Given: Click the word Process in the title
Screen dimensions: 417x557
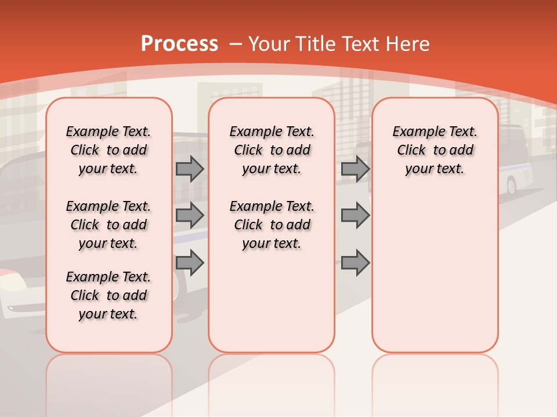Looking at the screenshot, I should tap(179, 44).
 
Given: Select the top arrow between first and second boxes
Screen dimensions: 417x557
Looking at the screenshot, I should tap(190, 169).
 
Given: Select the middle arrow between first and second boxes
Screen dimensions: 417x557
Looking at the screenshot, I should tap(190, 215).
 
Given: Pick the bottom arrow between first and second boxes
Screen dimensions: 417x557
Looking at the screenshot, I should tap(190, 263).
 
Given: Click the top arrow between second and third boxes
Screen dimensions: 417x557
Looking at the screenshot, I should tap(355, 169).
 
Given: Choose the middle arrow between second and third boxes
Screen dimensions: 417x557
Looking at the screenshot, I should tap(355, 215).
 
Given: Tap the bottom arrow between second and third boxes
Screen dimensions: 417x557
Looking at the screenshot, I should tap(355, 263).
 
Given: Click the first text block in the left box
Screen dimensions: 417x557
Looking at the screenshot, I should tap(108, 150).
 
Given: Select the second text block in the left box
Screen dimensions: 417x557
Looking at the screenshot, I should tap(108, 225).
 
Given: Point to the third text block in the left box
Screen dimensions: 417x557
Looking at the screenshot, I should tap(108, 295).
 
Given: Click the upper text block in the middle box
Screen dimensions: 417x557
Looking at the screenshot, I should tap(272, 150).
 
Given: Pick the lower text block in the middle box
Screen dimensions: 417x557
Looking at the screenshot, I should tap(272, 225).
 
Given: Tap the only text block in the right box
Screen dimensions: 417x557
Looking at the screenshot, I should tap(435, 150).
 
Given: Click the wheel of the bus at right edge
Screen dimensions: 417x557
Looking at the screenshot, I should tap(512, 186).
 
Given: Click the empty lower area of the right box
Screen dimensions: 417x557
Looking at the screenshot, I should tap(435, 278).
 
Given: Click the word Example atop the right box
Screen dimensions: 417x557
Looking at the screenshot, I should tap(413, 132).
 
